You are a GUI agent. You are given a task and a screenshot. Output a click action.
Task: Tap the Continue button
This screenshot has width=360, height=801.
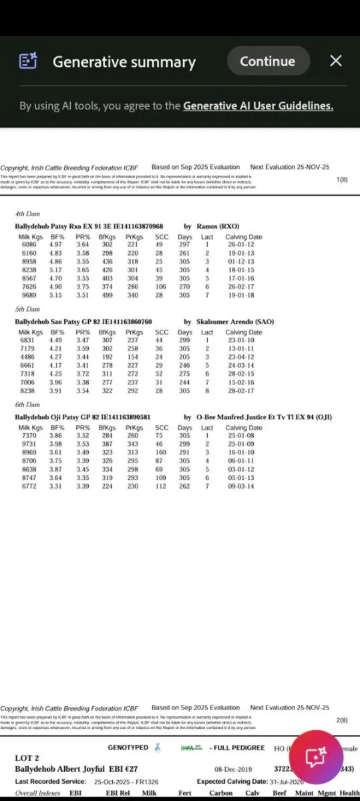(x=268, y=61)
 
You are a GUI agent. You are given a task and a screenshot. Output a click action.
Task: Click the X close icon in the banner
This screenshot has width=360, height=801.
(x=336, y=61)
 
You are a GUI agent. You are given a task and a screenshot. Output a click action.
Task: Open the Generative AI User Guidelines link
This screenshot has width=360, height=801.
(x=258, y=105)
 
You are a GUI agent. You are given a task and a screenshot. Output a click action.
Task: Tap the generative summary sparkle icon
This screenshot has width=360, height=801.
(x=28, y=61)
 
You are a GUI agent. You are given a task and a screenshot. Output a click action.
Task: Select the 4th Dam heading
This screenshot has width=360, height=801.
(x=28, y=214)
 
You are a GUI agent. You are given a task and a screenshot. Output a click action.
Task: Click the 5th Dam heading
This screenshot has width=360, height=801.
(x=28, y=309)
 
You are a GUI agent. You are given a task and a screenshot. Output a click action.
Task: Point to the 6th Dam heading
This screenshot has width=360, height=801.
(x=28, y=405)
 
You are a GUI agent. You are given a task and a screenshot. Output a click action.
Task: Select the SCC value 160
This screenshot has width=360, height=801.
(x=161, y=452)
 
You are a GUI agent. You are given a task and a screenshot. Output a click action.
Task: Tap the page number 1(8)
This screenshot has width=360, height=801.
(x=341, y=180)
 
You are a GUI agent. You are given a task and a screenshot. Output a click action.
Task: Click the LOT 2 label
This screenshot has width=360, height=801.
(x=28, y=758)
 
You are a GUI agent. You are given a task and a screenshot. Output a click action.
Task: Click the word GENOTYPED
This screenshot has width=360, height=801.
(x=128, y=748)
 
